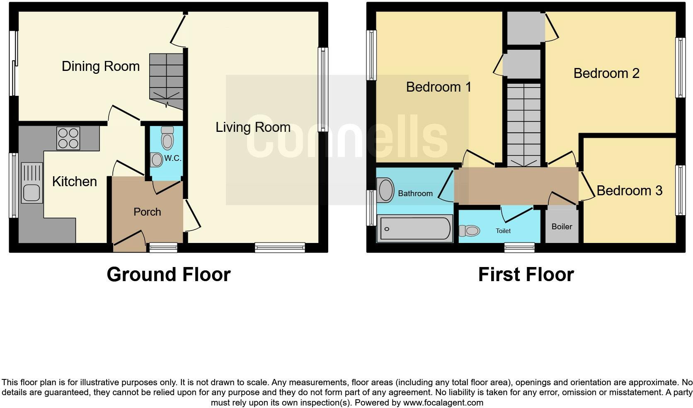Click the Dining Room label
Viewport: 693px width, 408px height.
(x=101, y=66)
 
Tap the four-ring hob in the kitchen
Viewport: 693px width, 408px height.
(x=68, y=138)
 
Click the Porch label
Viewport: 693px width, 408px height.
(x=147, y=212)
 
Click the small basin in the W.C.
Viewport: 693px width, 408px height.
(x=157, y=160)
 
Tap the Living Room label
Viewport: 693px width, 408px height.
(x=252, y=127)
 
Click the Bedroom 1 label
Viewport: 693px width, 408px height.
(x=439, y=87)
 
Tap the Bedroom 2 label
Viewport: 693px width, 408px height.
(x=606, y=73)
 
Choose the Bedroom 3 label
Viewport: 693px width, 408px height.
(x=629, y=191)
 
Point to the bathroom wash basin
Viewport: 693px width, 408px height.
(x=386, y=190)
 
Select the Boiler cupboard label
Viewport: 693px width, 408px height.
(x=562, y=227)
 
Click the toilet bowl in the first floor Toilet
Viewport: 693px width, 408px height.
(x=470, y=231)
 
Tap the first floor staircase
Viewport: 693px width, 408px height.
(x=524, y=124)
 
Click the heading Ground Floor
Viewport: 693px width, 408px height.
(x=168, y=274)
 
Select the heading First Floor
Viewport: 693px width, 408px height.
(x=526, y=274)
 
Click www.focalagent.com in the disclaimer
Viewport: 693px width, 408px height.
(x=443, y=403)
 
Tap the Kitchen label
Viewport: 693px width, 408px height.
(x=75, y=182)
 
